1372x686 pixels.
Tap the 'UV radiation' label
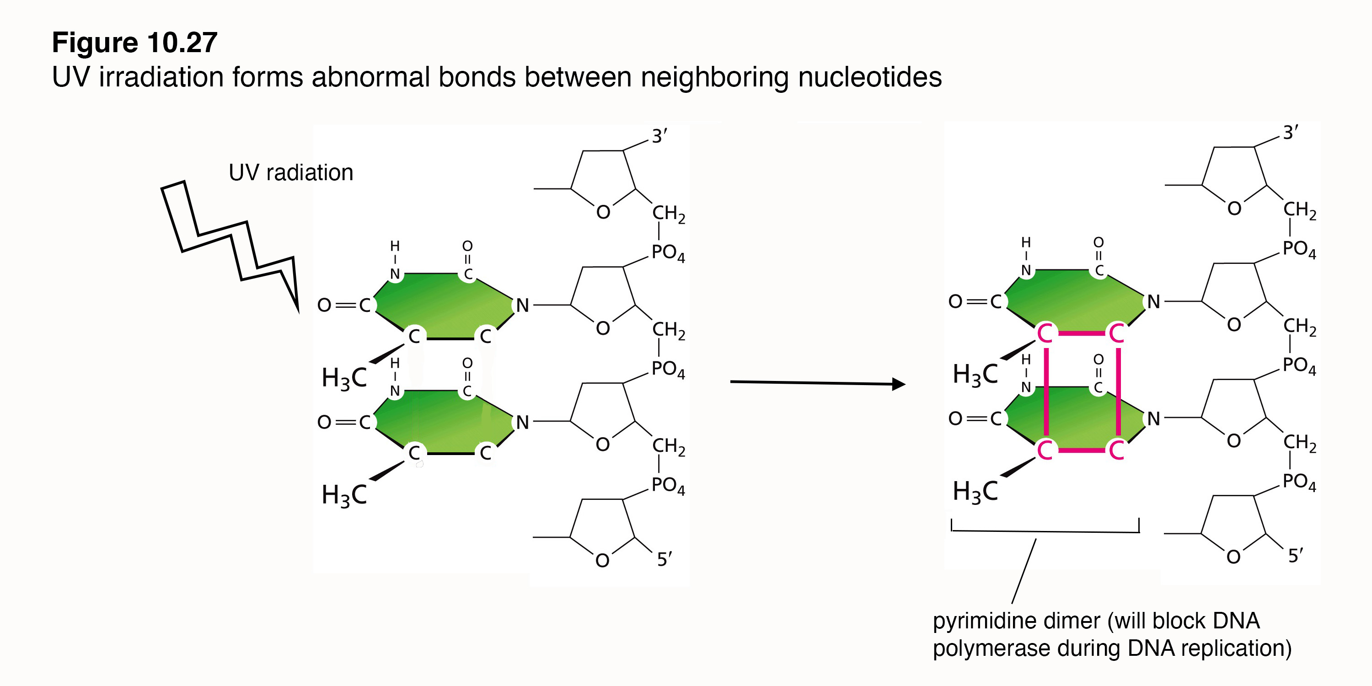click(291, 172)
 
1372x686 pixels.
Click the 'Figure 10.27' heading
click(135, 43)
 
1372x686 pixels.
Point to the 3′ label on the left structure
click(659, 136)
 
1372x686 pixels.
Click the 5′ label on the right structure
click(1295, 556)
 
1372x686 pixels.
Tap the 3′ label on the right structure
click(1290, 133)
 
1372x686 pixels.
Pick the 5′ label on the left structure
click(664, 559)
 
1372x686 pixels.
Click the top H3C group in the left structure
click(344, 378)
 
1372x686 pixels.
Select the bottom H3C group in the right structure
click(975, 492)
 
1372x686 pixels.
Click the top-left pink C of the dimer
click(1045, 334)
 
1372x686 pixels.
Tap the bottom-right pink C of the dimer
click(1116, 450)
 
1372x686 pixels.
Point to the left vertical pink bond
click(1046, 391)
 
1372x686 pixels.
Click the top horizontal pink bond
click(1081, 334)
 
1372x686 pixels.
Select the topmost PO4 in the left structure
click(668, 253)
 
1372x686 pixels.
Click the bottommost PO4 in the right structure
click(1298, 482)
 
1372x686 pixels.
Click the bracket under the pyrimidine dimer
click(1045, 531)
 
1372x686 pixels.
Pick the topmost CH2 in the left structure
click(669, 214)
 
